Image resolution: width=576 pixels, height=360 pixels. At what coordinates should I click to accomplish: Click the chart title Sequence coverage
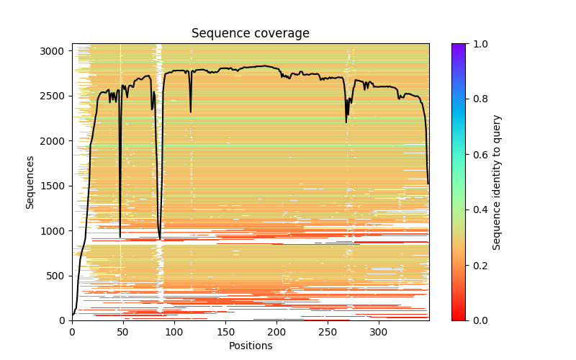pos(250,34)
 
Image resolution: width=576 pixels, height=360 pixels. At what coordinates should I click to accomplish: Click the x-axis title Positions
pos(250,346)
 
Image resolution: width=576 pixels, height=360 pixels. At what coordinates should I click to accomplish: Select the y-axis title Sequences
pos(30,181)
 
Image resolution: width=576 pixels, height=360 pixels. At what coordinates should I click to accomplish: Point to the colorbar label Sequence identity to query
pos(497,181)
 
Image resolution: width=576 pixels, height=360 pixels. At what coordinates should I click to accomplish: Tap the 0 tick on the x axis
pos(72,332)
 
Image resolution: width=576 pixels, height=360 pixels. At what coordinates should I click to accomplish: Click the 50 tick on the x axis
pos(123,332)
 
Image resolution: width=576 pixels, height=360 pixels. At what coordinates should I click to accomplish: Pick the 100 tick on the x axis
pos(174,332)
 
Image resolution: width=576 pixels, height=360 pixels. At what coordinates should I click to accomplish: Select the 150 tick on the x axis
pos(225,332)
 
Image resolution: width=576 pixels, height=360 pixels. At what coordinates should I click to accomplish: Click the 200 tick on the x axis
pos(276,332)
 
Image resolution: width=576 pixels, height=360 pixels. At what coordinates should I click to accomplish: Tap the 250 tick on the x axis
pos(328,332)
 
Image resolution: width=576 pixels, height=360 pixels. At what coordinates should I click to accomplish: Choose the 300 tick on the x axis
pos(379,332)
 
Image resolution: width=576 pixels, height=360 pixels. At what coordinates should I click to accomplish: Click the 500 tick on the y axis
pos(58,276)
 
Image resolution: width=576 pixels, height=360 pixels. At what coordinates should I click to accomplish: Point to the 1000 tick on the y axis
pos(55,230)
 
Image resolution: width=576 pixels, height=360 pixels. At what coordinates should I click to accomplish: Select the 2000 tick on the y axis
pos(55,141)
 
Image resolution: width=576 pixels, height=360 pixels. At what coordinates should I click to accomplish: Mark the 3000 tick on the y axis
pos(55,51)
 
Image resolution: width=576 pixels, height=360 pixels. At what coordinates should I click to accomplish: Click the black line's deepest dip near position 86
pos(160,239)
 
